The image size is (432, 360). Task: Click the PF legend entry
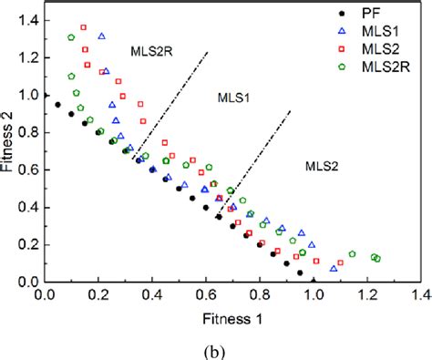(370, 15)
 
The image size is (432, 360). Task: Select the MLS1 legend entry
(377, 34)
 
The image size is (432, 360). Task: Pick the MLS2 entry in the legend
(377, 52)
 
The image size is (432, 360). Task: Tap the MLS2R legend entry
(382, 70)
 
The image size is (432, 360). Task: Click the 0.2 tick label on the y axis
(26, 244)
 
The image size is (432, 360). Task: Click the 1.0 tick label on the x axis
(314, 295)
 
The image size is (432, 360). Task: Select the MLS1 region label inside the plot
(237, 97)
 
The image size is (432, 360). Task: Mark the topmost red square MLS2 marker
(84, 28)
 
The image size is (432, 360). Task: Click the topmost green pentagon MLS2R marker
(71, 37)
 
